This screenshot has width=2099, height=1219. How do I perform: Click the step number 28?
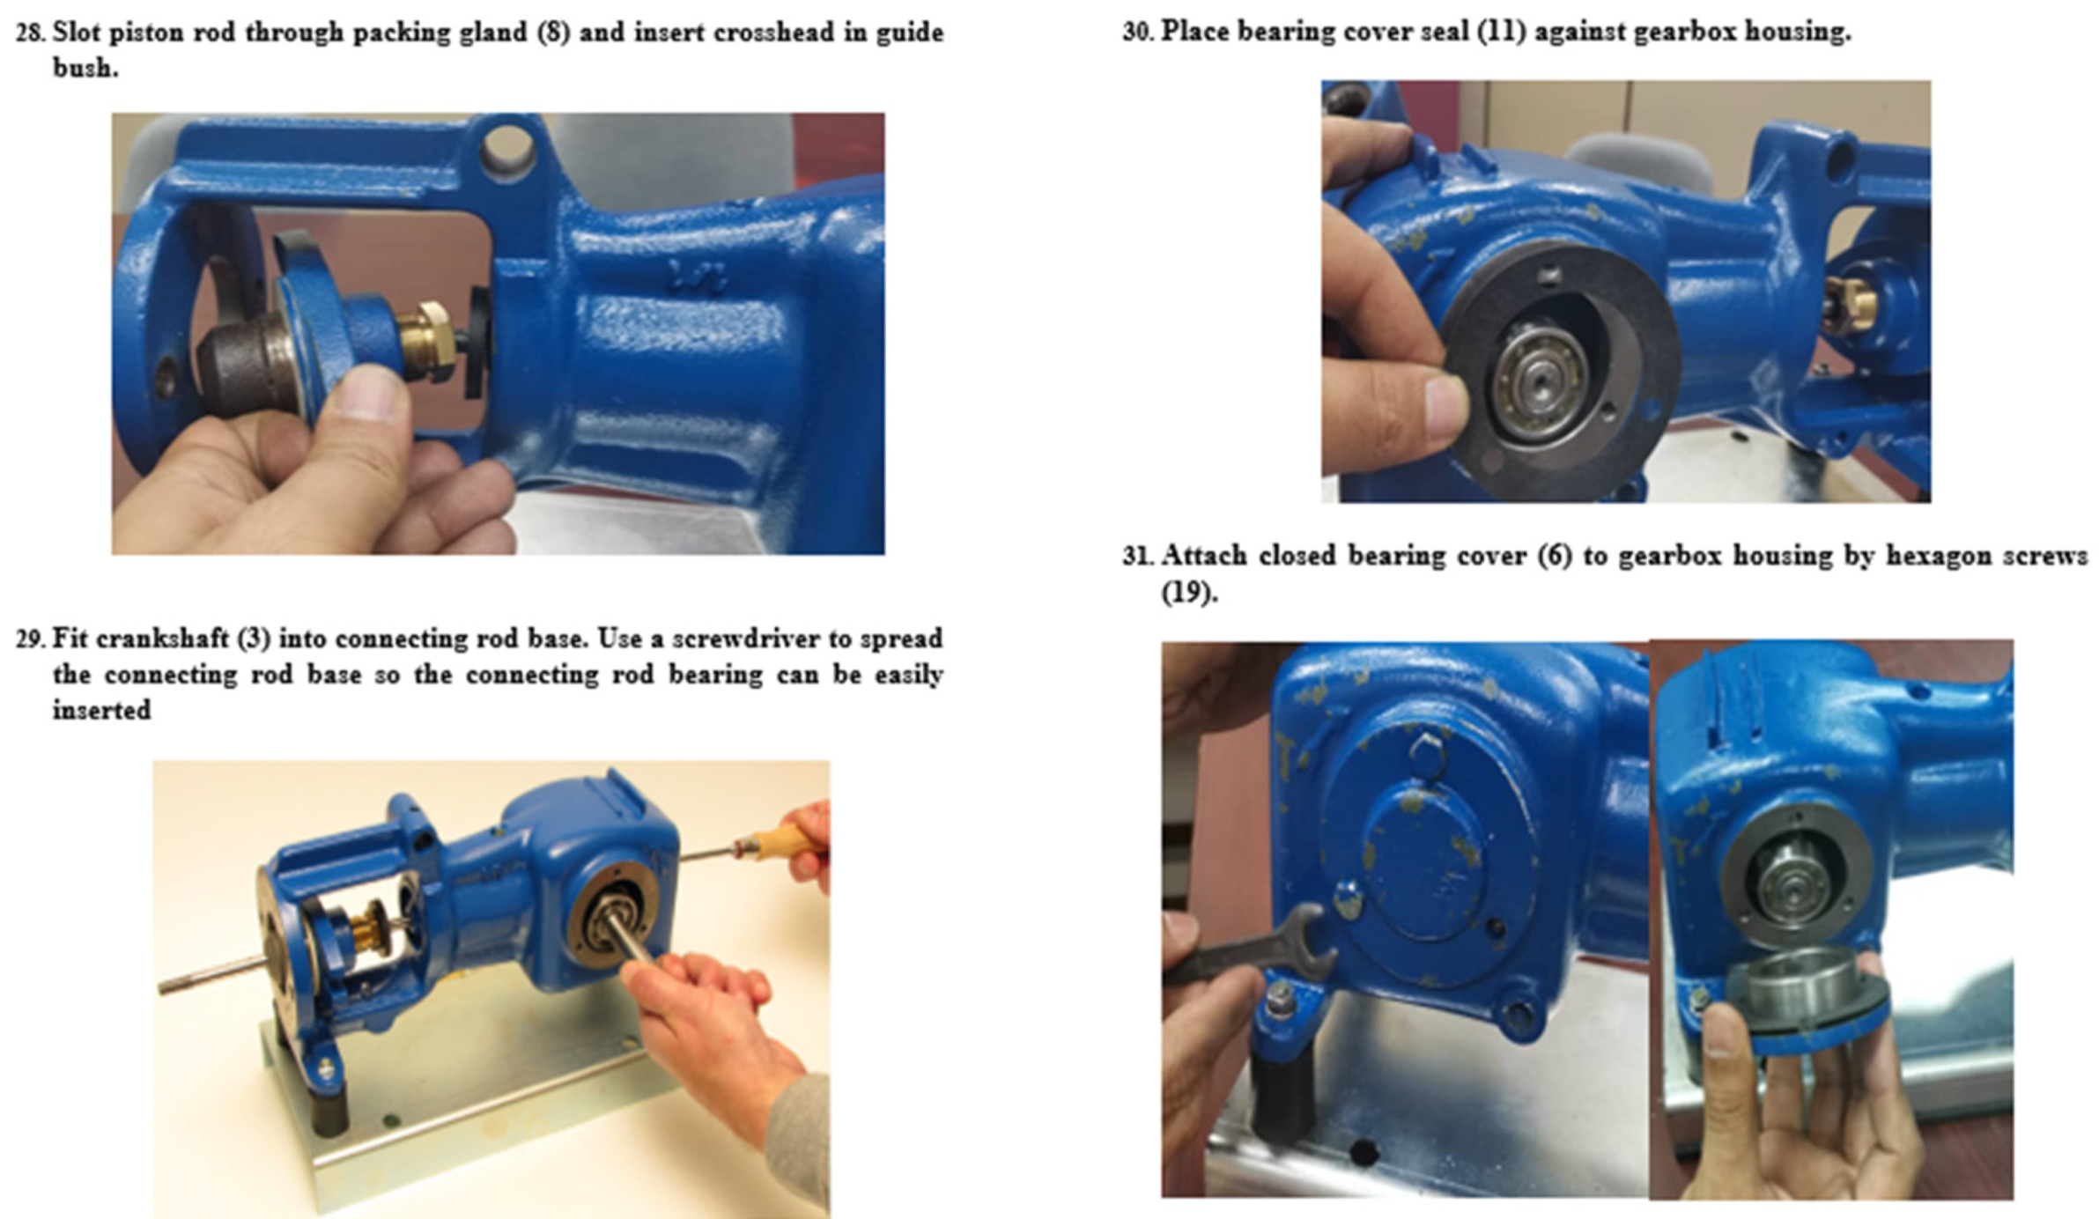pos(29,33)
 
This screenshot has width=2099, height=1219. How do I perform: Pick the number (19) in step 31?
pos(1189,592)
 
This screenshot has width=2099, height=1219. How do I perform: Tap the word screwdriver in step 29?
pos(760,639)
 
